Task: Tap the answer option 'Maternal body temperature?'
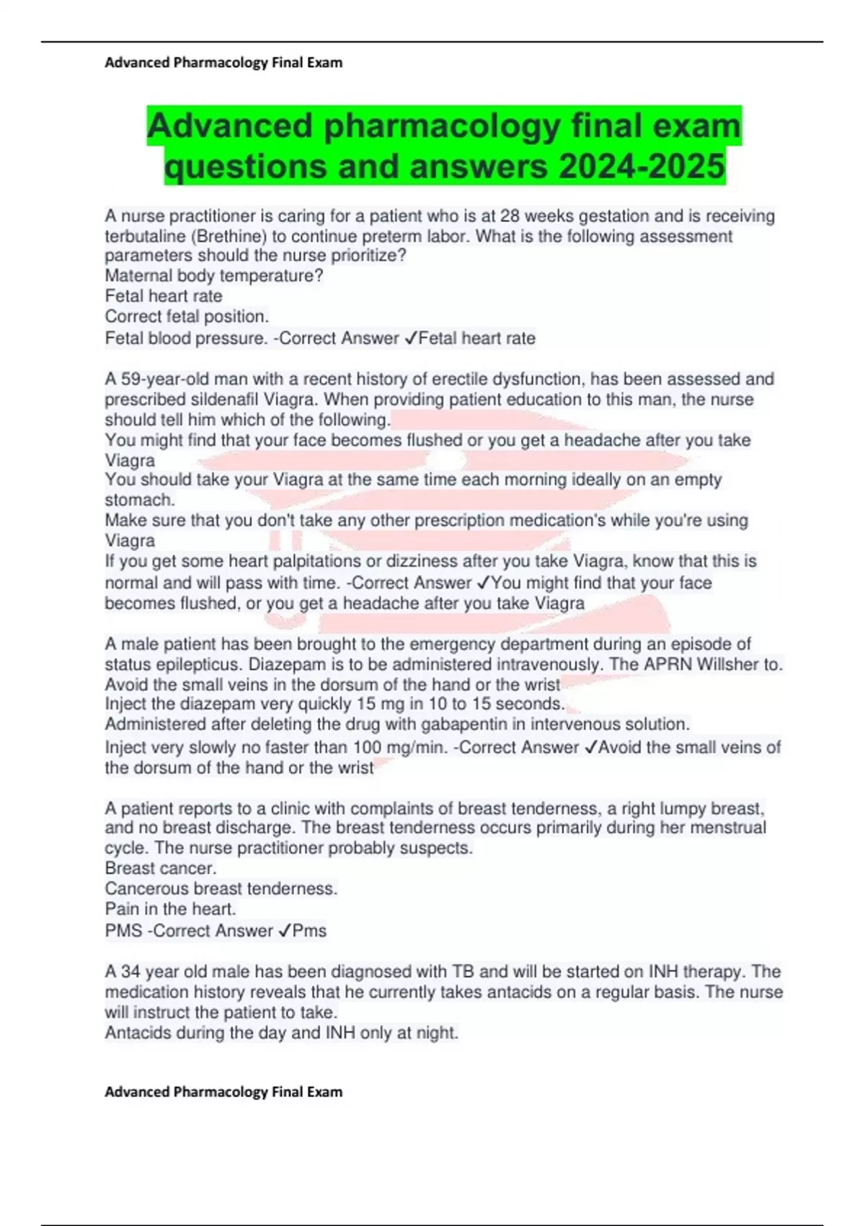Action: click(x=213, y=275)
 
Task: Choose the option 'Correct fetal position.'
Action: click(x=187, y=316)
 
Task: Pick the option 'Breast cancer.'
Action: click(x=161, y=868)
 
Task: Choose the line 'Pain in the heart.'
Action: click(x=170, y=909)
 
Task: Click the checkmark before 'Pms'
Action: click(x=284, y=931)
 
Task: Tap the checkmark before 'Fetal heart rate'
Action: click(x=410, y=338)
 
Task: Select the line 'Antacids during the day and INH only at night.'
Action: click(x=281, y=1033)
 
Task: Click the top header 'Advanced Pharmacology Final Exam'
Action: click(x=223, y=63)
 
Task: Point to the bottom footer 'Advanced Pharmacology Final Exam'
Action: click(x=223, y=1092)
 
